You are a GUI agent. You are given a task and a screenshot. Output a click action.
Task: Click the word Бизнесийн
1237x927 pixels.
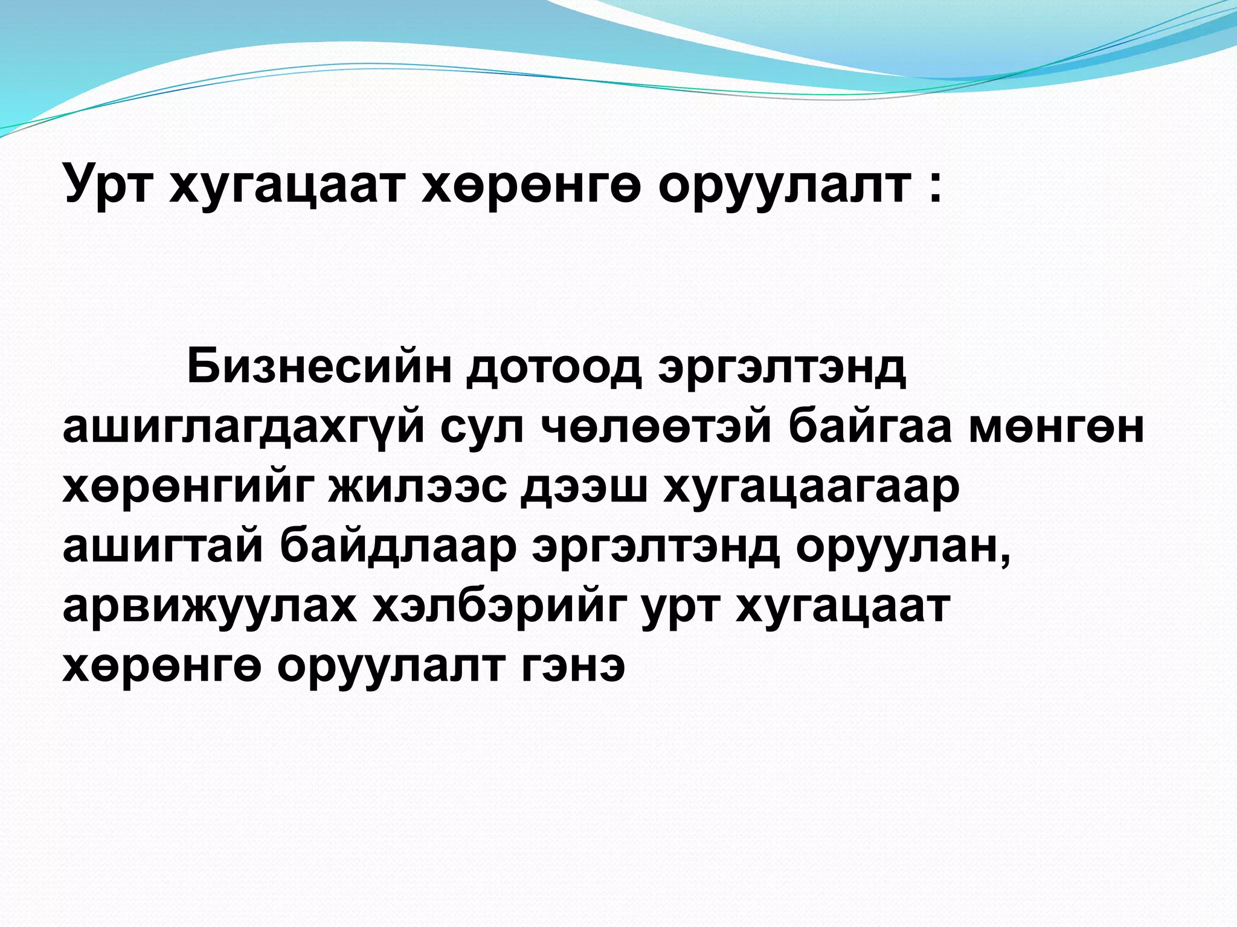(x=320, y=366)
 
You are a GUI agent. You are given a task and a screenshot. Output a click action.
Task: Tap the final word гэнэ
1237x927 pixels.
(x=572, y=666)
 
